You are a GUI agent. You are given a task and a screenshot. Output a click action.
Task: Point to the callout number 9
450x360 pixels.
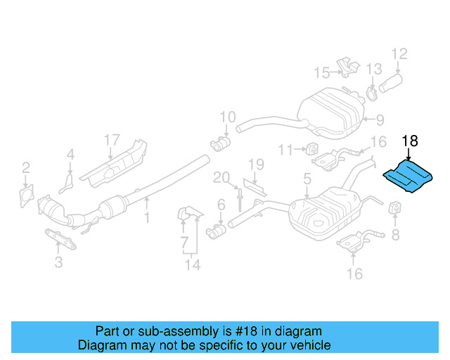tap(379, 120)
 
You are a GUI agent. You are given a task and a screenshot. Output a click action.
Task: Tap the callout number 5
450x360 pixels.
tap(307, 180)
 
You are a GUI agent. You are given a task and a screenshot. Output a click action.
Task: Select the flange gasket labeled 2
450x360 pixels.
tap(27, 194)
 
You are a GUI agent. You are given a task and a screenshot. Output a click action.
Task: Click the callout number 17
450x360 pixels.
tap(112, 140)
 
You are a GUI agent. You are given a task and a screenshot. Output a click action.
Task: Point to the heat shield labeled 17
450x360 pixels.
tap(116, 163)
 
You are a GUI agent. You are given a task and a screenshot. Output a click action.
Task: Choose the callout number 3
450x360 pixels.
tap(58, 263)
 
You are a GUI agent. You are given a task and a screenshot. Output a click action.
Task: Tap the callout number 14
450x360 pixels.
tap(193, 264)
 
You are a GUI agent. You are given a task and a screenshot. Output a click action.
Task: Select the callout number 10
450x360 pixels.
tap(227, 117)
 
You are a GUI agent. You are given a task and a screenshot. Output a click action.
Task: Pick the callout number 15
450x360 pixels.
tap(321, 72)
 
